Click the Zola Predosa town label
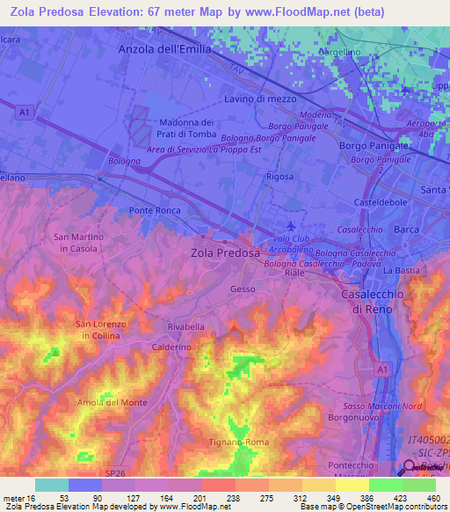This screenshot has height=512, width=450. point(226,252)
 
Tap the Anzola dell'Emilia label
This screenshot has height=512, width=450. point(165,50)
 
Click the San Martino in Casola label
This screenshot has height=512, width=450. point(79,243)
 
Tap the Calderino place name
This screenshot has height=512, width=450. point(171,347)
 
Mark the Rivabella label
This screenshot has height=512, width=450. point(185,326)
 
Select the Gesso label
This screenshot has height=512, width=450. point(243,289)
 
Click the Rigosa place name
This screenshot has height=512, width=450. point(279,176)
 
